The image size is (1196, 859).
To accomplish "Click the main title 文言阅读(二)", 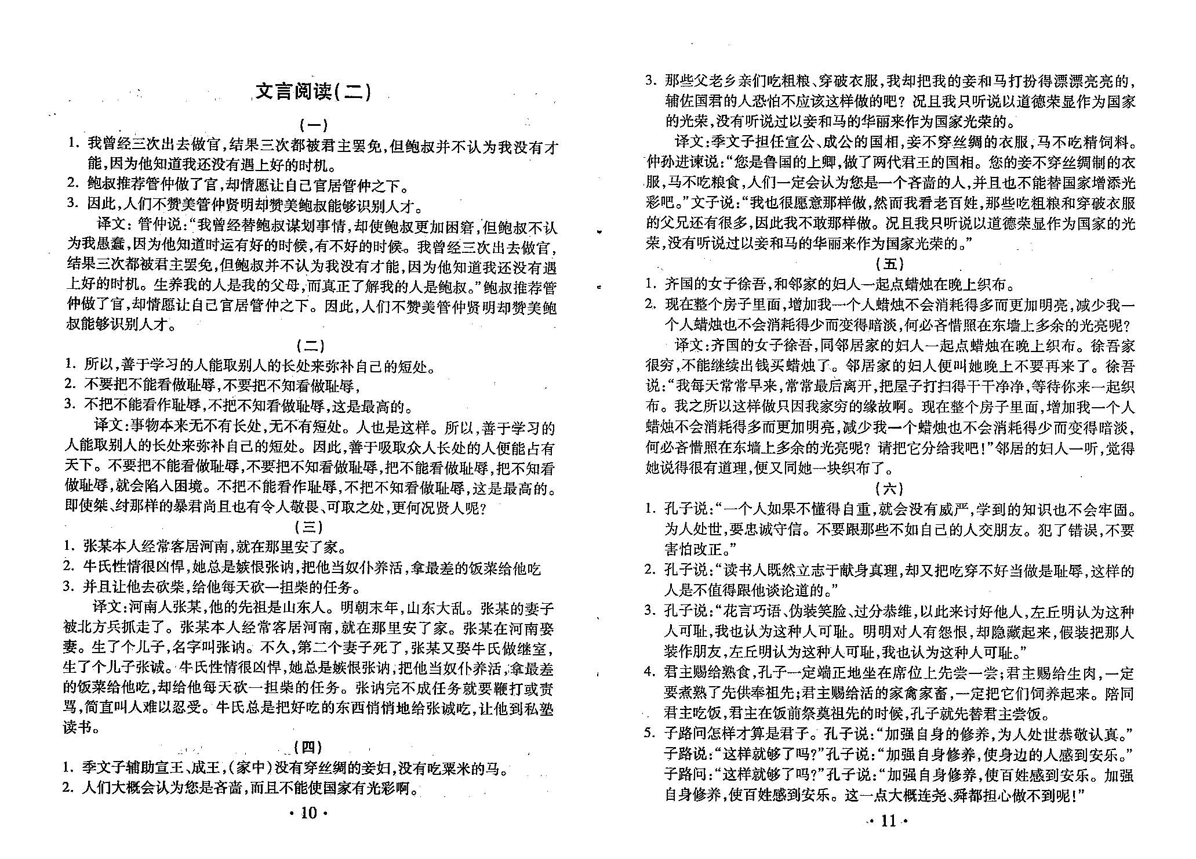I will pyautogui.click(x=313, y=91).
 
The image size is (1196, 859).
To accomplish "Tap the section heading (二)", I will pyautogui.click(x=311, y=346).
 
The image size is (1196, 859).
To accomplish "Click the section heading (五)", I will pyautogui.click(x=889, y=264).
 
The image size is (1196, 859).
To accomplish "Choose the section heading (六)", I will pyautogui.click(x=889, y=488).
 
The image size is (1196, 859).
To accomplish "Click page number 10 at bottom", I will pyautogui.click(x=309, y=813).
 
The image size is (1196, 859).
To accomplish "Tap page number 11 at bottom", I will pyautogui.click(x=888, y=821).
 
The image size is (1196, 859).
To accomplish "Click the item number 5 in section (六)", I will pyautogui.click(x=650, y=734).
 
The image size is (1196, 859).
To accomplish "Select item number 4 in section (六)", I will pyautogui.click(x=650, y=673).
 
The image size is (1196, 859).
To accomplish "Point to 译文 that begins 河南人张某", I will pyautogui.click(x=107, y=608).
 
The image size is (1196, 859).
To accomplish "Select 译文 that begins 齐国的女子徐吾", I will pyautogui.click(x=689, y=346).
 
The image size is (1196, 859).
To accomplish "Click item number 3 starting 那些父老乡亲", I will pyautogui.click(x=651, y=81).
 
